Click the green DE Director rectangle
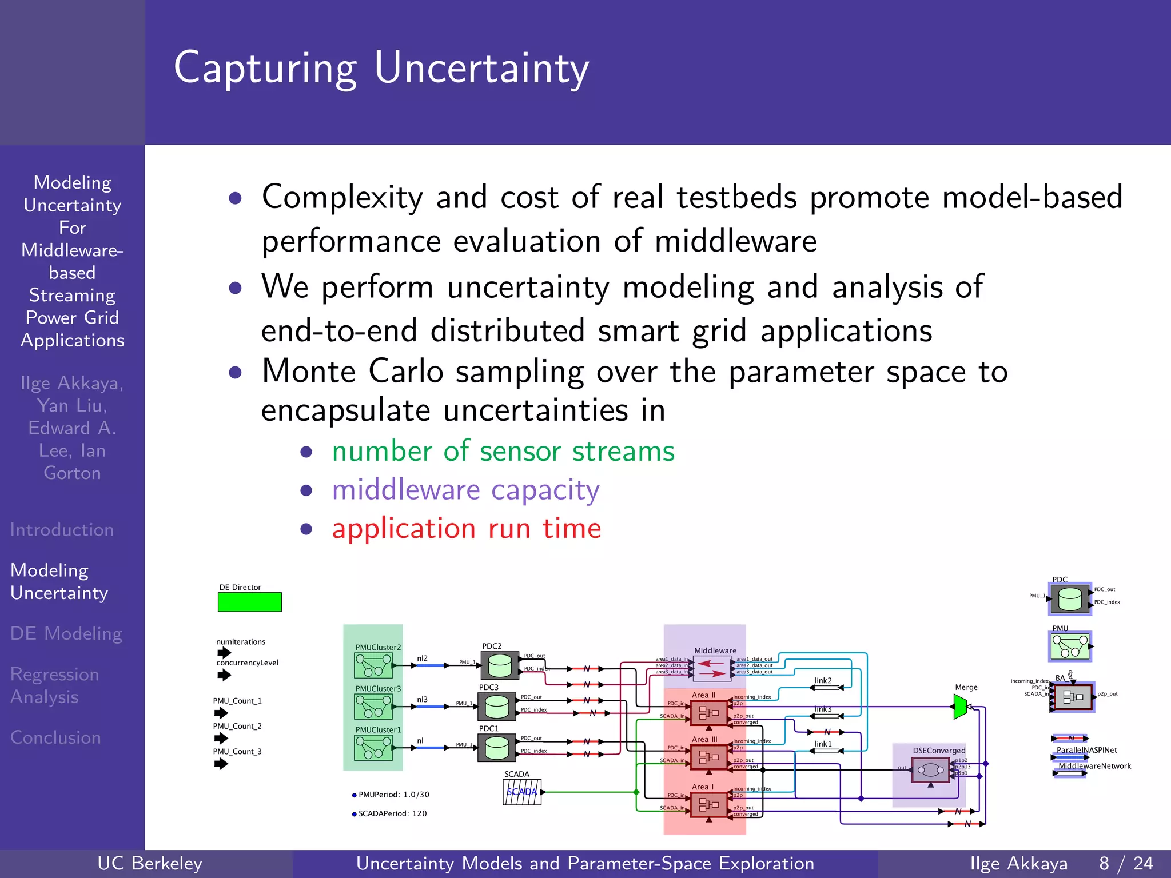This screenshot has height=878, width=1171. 249,602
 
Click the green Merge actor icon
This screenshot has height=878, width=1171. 961,707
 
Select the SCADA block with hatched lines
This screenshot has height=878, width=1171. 522,792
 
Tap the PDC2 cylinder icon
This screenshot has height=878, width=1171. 500,665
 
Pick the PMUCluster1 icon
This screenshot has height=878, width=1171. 373,748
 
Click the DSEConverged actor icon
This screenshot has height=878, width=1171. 930,770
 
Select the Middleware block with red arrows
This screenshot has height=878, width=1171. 711,668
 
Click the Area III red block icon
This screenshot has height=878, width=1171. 708,757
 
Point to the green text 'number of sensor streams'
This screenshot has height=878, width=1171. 503,451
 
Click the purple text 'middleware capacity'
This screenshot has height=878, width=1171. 465,490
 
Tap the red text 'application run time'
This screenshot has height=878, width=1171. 467,528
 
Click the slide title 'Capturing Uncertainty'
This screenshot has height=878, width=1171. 381,68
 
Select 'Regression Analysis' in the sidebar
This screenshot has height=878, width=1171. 54,685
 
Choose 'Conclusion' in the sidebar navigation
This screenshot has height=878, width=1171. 55,737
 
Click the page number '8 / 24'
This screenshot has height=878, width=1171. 1126,863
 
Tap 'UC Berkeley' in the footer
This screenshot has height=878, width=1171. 150,863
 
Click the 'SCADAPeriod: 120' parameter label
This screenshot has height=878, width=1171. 392,813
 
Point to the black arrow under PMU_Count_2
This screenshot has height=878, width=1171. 221,738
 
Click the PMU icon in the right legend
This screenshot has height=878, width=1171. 1070,646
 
